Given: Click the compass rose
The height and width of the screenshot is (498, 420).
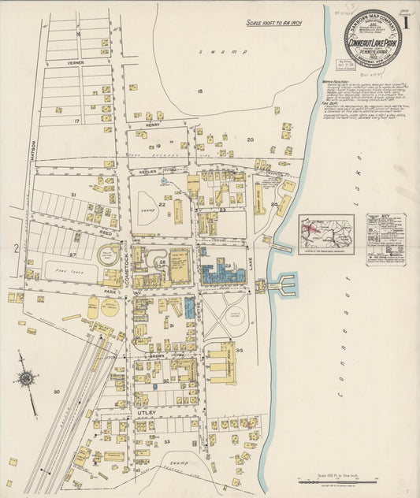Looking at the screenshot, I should pyautogui.click(x=26, y=379).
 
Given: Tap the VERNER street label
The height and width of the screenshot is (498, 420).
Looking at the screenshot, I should pyautogui.click(x=75, y=61).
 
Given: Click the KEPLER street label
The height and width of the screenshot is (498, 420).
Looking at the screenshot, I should pyautogui.click(x=147, y=169).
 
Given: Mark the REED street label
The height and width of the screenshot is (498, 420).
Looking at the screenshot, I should pyautogui.click(x=105, y=233).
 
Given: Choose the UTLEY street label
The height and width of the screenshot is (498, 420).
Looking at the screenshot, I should pyautogui.click(x=149, y=412).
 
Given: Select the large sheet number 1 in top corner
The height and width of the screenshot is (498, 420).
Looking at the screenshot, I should pyautogui.click(x=406, y=21).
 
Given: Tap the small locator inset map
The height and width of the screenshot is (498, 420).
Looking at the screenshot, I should pyautogui.click(x=325, y=234).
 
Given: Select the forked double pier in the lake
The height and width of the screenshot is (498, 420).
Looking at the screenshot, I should pyautogui.click(x=283, y=284).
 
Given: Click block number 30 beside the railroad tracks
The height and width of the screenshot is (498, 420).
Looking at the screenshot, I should pyautogui.click(x=56, y=392).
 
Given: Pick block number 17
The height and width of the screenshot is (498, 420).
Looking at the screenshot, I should pyautogui.click(x=76, y=121).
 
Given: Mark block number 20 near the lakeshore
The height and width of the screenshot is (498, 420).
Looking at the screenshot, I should pyautogui.click(x=250, y=139).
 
